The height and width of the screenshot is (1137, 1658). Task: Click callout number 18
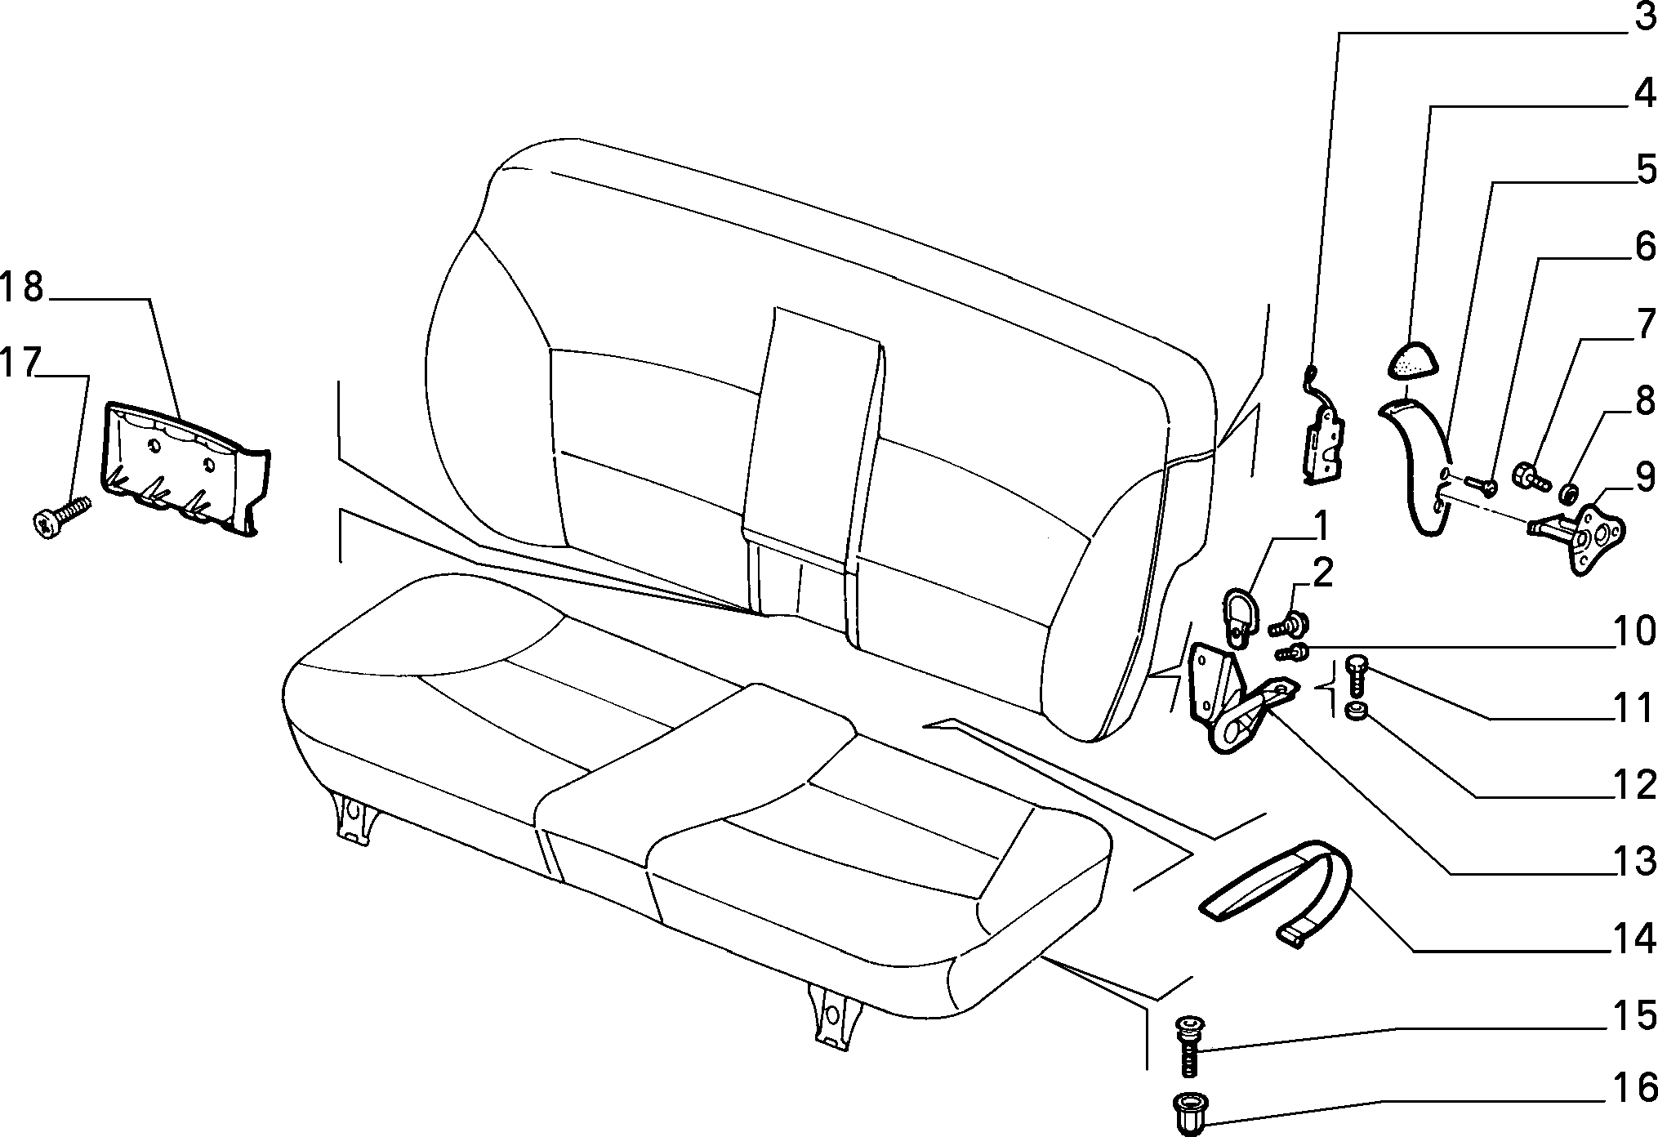[22, 288]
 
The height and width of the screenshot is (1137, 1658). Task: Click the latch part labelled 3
[1324, 441]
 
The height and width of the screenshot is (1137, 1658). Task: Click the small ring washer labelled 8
[1568, 493]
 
